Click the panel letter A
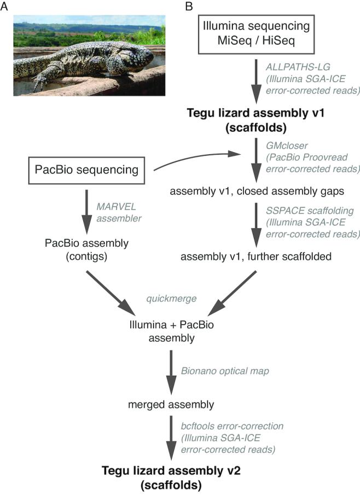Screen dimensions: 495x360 [x=7, y=7]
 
